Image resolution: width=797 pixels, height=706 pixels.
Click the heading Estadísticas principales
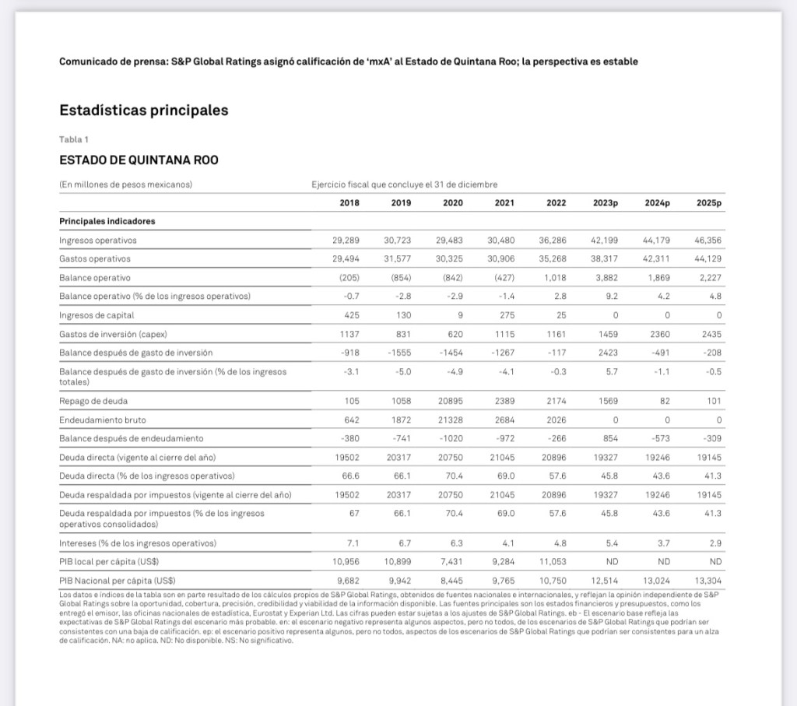point(144,111)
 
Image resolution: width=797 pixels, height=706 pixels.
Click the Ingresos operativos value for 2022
point(552,241)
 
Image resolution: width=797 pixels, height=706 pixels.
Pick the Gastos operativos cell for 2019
point(397,259)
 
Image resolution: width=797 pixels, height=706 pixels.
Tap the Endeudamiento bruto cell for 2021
point(503,420)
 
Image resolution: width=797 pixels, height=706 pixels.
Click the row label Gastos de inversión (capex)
point(114,334)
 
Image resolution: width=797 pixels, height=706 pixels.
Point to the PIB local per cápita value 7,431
point(450,560)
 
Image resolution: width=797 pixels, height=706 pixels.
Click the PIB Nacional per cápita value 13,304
point(707,579)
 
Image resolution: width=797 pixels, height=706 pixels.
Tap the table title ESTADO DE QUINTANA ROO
point(139,160)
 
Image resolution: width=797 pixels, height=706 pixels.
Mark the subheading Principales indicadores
point(107,221)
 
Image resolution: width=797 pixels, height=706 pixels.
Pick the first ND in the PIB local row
point(611,560)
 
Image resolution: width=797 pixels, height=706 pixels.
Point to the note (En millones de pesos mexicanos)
point(126,184)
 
